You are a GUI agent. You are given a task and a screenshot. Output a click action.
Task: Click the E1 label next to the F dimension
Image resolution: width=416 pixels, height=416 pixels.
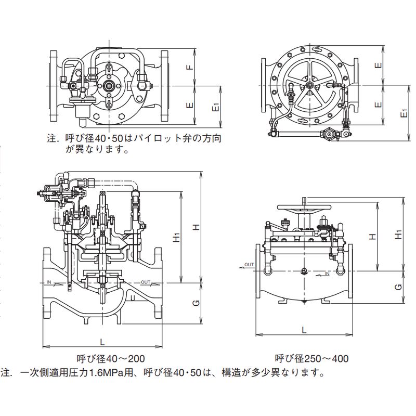coord(216,107)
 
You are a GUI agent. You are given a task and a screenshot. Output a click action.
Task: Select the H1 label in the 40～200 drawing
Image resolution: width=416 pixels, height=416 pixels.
coord(177,237)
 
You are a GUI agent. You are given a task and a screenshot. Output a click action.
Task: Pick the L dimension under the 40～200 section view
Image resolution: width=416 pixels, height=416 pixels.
coord(102,342)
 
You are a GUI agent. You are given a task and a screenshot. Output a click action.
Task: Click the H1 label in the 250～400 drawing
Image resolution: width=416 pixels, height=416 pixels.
coord(399,235)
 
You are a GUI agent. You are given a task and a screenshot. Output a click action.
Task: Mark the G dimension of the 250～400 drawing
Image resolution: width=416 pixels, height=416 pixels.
coord(399,287)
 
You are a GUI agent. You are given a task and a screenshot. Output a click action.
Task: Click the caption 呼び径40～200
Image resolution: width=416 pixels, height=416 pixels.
coord(111,358)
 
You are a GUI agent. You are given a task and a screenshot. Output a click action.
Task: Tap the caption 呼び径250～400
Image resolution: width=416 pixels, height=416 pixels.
coord(311,358)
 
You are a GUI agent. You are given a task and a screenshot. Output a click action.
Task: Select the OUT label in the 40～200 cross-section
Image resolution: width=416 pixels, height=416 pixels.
coord(146,282)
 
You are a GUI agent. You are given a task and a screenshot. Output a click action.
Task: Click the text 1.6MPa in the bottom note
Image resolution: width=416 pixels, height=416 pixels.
coord(107,372)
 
